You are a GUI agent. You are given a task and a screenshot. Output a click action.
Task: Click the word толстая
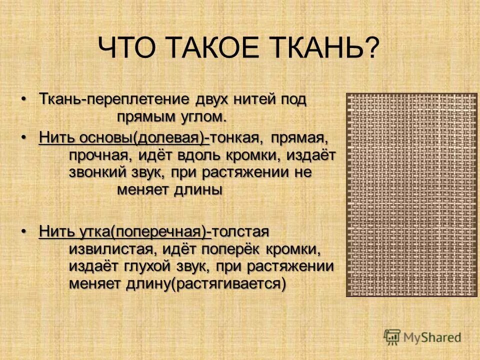[240, 231]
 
